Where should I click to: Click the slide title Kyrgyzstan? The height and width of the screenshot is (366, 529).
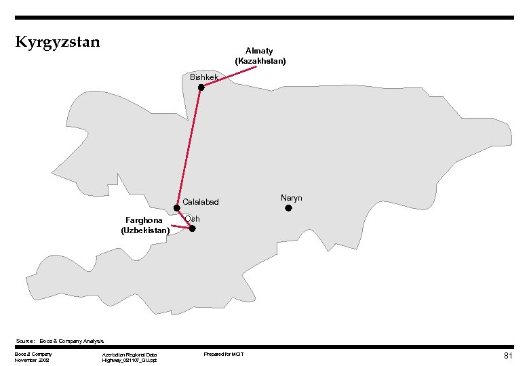tap(58, 42)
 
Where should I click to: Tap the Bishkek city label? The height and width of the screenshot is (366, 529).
tap(204, 77)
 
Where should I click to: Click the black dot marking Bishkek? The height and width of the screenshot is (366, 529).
tap(201, 87)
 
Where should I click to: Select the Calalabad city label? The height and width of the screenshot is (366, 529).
tap(201, 202)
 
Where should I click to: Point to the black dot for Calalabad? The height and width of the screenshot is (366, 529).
tap(176, 208)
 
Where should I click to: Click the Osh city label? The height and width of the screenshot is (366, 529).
tap(192, 218)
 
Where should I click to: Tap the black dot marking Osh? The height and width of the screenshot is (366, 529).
tap(193, 228)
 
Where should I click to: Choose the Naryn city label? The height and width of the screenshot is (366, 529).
tap(291, 198)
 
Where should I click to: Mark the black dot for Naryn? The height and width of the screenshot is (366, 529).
tap(288, 208)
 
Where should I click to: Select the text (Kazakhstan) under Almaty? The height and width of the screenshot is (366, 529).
tap(260, 61)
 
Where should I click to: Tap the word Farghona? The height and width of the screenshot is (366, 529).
tap(144, 220)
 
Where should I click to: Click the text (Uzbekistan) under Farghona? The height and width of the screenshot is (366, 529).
tap(145, 230)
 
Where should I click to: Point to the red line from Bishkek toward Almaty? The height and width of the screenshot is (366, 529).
tap(231, 77)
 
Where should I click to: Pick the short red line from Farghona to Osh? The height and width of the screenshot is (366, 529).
tap(180, 226)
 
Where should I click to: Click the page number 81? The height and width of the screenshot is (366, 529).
tap(508, 356)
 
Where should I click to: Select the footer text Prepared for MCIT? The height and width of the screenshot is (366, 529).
tap(224, 354)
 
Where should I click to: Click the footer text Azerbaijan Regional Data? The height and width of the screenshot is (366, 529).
tap(129, 354)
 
